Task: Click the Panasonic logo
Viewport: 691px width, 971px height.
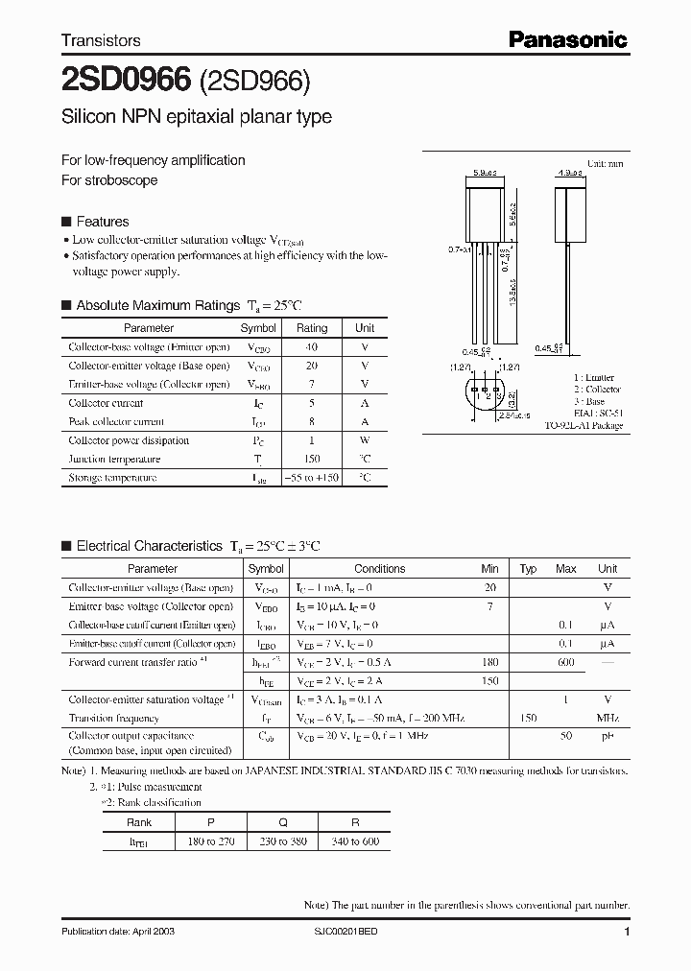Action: click(567, 39)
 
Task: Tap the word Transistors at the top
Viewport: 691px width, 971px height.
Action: click(101, 40)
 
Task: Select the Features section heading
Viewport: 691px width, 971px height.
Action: click(102, 222)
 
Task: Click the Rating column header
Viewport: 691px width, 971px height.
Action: click(312, 328)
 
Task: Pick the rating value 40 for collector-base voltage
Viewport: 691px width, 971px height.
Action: click(312, 347)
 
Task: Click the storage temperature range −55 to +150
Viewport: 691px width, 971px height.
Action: click(312, 477)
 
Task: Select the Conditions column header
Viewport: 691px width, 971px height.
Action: click(379, 569)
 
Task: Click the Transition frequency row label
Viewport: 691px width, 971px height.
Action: click(113, 718)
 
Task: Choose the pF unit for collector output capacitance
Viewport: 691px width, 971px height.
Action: click(608, 736)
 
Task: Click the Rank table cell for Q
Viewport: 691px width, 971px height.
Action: click(282, 822)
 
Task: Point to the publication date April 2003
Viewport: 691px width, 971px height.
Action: click(117, 932)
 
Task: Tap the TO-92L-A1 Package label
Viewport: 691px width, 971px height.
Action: click(584, 425)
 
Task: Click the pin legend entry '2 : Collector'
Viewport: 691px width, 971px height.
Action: click(597, 390)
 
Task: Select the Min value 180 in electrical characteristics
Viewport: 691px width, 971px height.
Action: click(489, 662)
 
